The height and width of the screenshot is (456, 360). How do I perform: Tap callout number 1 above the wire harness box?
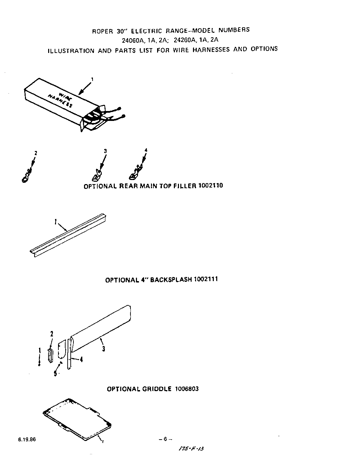tap(92, 79)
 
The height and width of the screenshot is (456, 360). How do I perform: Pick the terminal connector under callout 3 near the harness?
tap(97, 175)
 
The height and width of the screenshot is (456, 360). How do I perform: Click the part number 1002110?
tap(210, 186)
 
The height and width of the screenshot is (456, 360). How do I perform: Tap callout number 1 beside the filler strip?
tap(55, 222)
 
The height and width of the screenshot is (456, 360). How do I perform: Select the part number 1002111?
tap(206, 279)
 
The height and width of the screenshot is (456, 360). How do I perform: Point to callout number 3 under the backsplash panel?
tap(103, 349)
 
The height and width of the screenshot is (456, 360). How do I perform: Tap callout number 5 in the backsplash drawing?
tap(55, 373)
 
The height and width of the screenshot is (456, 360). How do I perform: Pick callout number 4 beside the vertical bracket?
tap(81, 359)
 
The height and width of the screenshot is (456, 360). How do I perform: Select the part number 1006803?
tap(187, 389)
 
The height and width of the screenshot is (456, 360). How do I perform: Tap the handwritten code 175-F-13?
tap(191, 449)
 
